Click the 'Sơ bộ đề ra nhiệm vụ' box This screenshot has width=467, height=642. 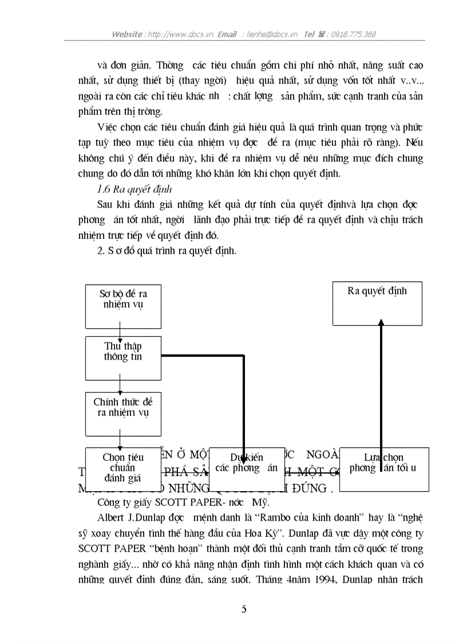123,306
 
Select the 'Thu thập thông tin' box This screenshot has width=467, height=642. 123,358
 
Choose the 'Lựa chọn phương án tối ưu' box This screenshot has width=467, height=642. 384,469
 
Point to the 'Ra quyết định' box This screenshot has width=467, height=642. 377,303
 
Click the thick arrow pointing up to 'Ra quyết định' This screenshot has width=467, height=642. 381,389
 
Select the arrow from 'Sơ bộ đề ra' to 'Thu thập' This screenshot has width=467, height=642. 120,333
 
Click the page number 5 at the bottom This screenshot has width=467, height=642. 244,609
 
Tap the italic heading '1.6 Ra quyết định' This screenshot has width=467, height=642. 135,189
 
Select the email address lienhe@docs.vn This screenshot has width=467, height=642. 272,34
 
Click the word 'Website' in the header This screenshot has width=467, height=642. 128,34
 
